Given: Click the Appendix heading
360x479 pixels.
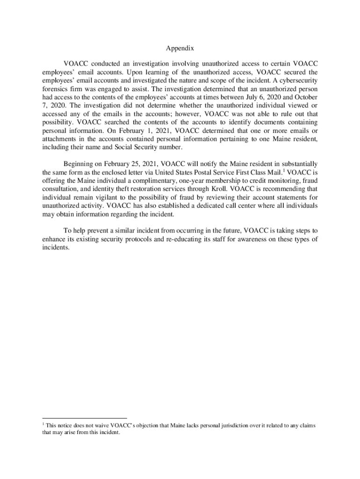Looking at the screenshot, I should coord(180,48).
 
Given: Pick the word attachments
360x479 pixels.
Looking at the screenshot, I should coord(60,139).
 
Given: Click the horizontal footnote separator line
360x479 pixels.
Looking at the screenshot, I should coord(84,418).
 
